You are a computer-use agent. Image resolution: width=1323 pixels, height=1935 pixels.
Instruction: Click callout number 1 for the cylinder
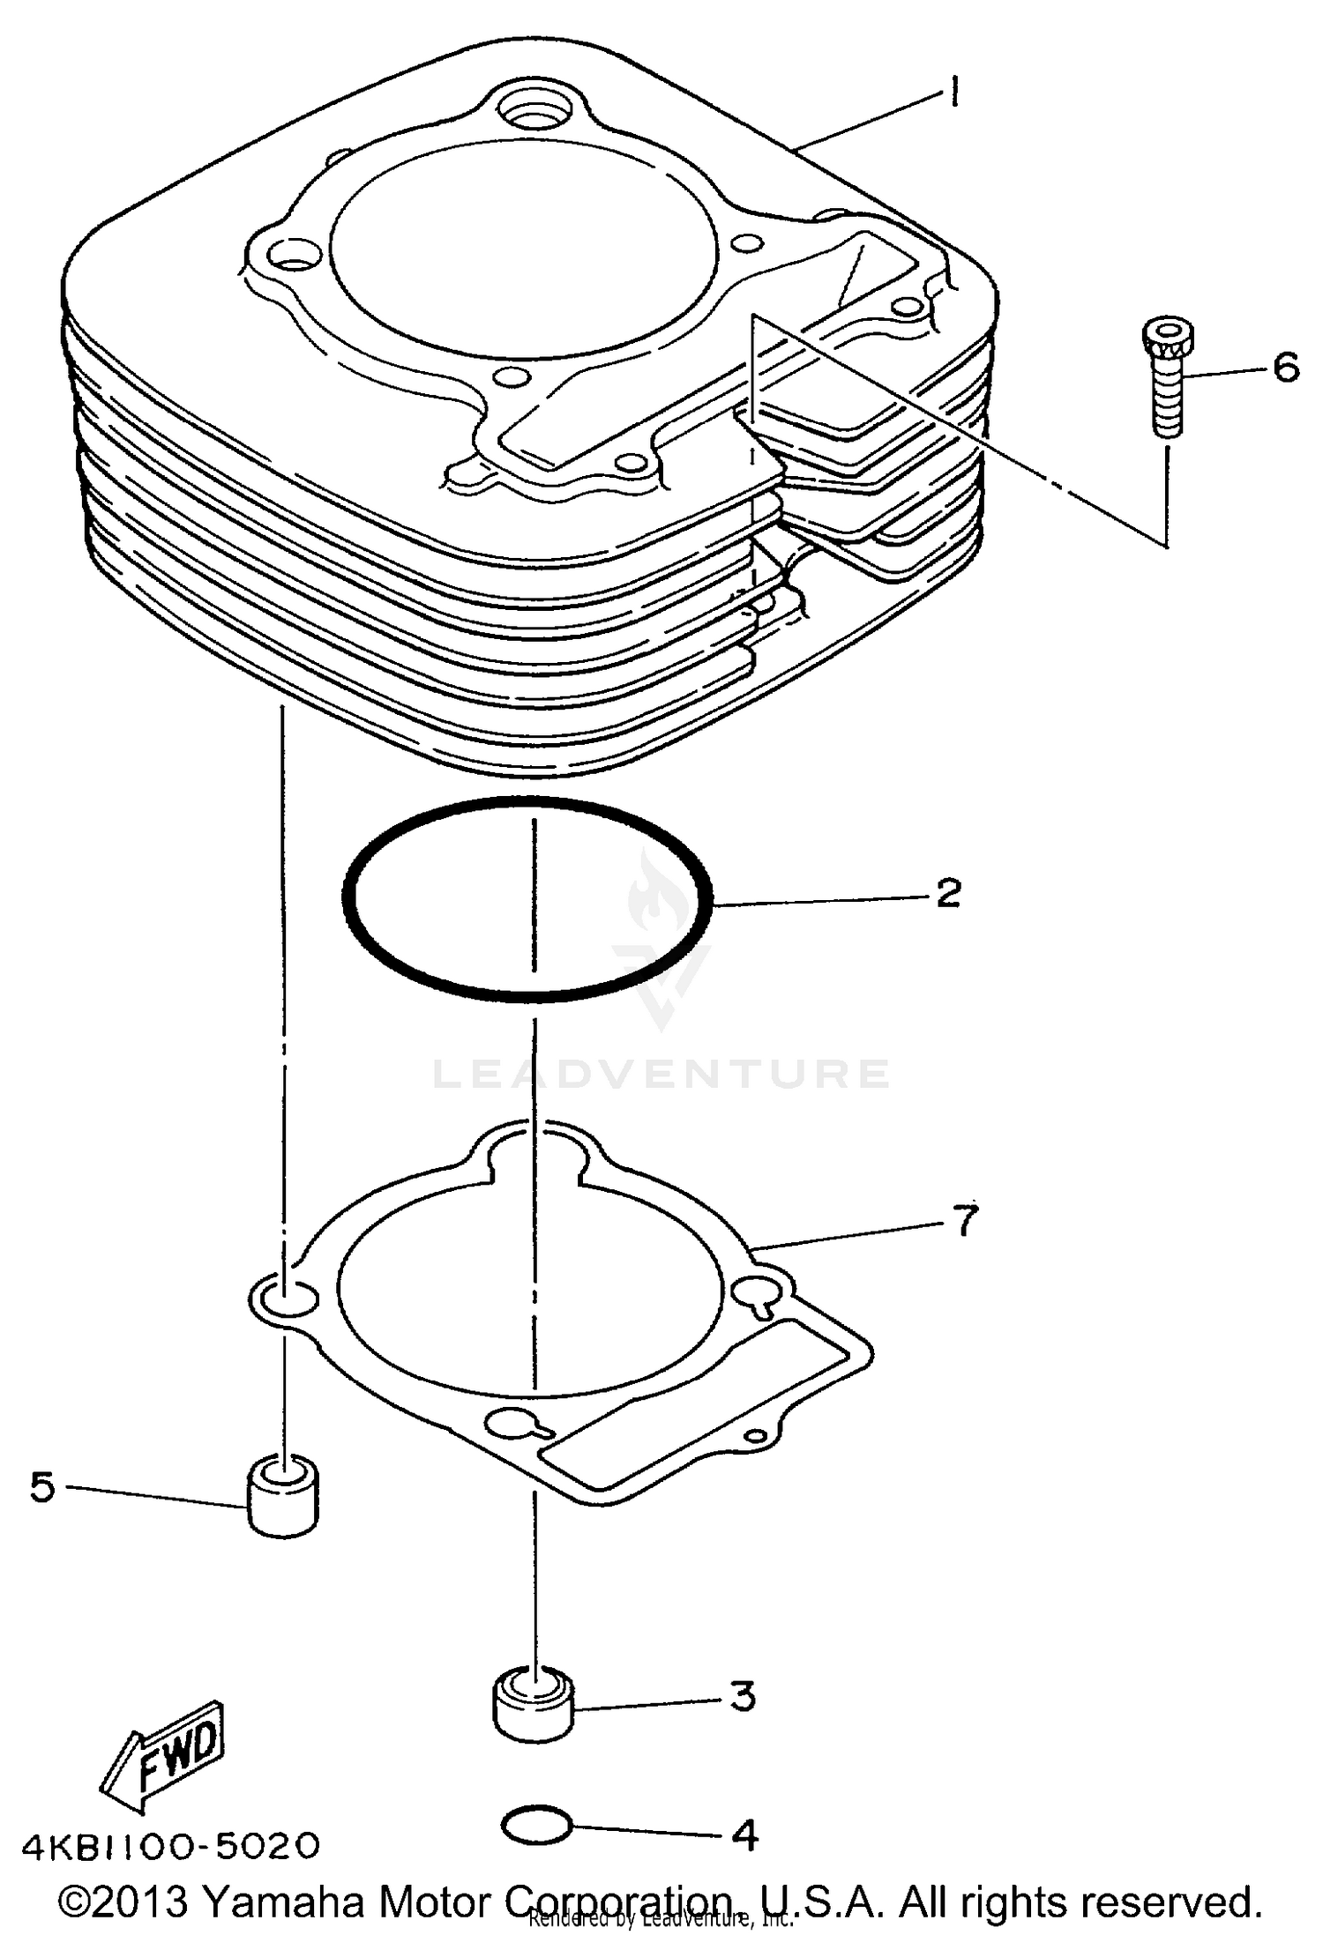[953, 91]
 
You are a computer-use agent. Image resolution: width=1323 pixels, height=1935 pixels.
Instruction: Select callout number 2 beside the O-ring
[947, 894]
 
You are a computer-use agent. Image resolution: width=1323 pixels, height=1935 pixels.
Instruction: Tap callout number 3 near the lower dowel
[743, 1695]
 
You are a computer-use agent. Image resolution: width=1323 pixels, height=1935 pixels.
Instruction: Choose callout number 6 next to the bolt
[1286, 367]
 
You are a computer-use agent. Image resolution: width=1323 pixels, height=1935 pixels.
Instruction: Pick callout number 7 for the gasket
[966, 1222]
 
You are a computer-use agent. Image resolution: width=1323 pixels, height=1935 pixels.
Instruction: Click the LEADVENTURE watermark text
[661, 1074]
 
